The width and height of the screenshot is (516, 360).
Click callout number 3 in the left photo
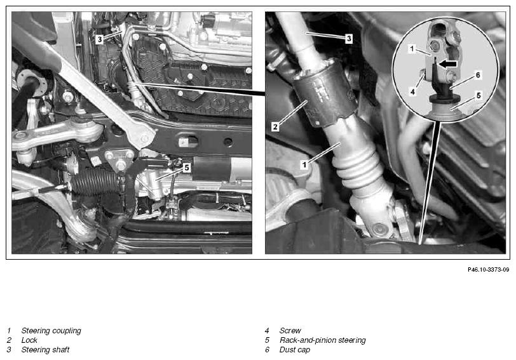point(99,39)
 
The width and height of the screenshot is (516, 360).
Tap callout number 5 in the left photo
point(187,168)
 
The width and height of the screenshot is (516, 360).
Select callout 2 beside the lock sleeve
point(275,126)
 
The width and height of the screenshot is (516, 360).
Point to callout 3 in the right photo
point(349,39)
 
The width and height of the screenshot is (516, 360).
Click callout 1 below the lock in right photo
point(304,164)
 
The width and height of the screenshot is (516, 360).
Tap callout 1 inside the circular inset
point(412,49)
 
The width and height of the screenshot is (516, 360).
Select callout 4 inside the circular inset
point(412,91)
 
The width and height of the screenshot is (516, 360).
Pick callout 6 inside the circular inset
point(478,76)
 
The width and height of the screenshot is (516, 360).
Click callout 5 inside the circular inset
point(479,96)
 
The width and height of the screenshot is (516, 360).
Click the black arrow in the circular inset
point(448,63)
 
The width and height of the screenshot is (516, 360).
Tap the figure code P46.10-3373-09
point(488,270)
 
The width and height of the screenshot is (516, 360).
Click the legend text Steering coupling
point(51,331)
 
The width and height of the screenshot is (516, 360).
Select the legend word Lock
point(29,340)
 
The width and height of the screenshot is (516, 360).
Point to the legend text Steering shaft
point(45,350)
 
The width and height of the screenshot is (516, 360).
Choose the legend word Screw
point(290,331)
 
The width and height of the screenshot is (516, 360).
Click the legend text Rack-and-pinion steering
point(323,340)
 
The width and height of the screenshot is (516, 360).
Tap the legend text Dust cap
point(294,350)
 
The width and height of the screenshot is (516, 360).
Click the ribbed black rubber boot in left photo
point(95,182)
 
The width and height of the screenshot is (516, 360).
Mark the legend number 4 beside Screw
point(267,331)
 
